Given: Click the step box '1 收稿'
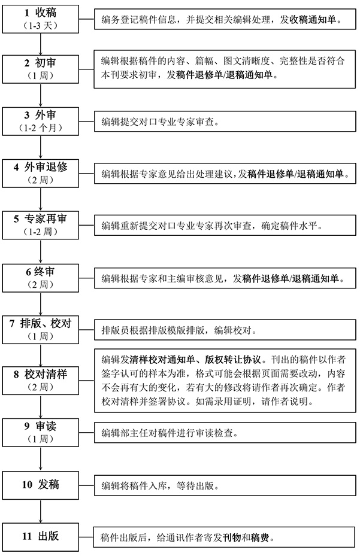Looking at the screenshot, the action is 41,19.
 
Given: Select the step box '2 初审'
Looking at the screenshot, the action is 41,69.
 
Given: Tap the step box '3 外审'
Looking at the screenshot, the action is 41,121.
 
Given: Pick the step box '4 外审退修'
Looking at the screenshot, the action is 41,173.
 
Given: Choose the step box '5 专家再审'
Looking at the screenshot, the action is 41,225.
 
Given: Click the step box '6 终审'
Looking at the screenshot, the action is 41,278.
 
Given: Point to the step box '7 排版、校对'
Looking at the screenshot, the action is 41,330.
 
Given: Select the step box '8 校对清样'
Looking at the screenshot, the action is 41,381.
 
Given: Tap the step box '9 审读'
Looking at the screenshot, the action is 41,432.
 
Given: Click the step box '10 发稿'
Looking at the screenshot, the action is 41,485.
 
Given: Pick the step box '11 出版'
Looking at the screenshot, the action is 41,537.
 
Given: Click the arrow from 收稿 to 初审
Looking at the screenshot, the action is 41,44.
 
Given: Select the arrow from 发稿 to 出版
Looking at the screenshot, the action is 41,511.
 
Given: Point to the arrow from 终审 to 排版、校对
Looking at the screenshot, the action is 41,304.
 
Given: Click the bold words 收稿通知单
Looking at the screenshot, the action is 313,19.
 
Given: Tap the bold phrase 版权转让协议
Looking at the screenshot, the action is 233,360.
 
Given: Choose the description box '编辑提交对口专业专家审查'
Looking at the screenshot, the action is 225,121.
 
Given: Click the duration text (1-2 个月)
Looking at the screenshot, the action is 41,128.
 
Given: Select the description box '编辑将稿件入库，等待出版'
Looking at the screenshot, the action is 225,485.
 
